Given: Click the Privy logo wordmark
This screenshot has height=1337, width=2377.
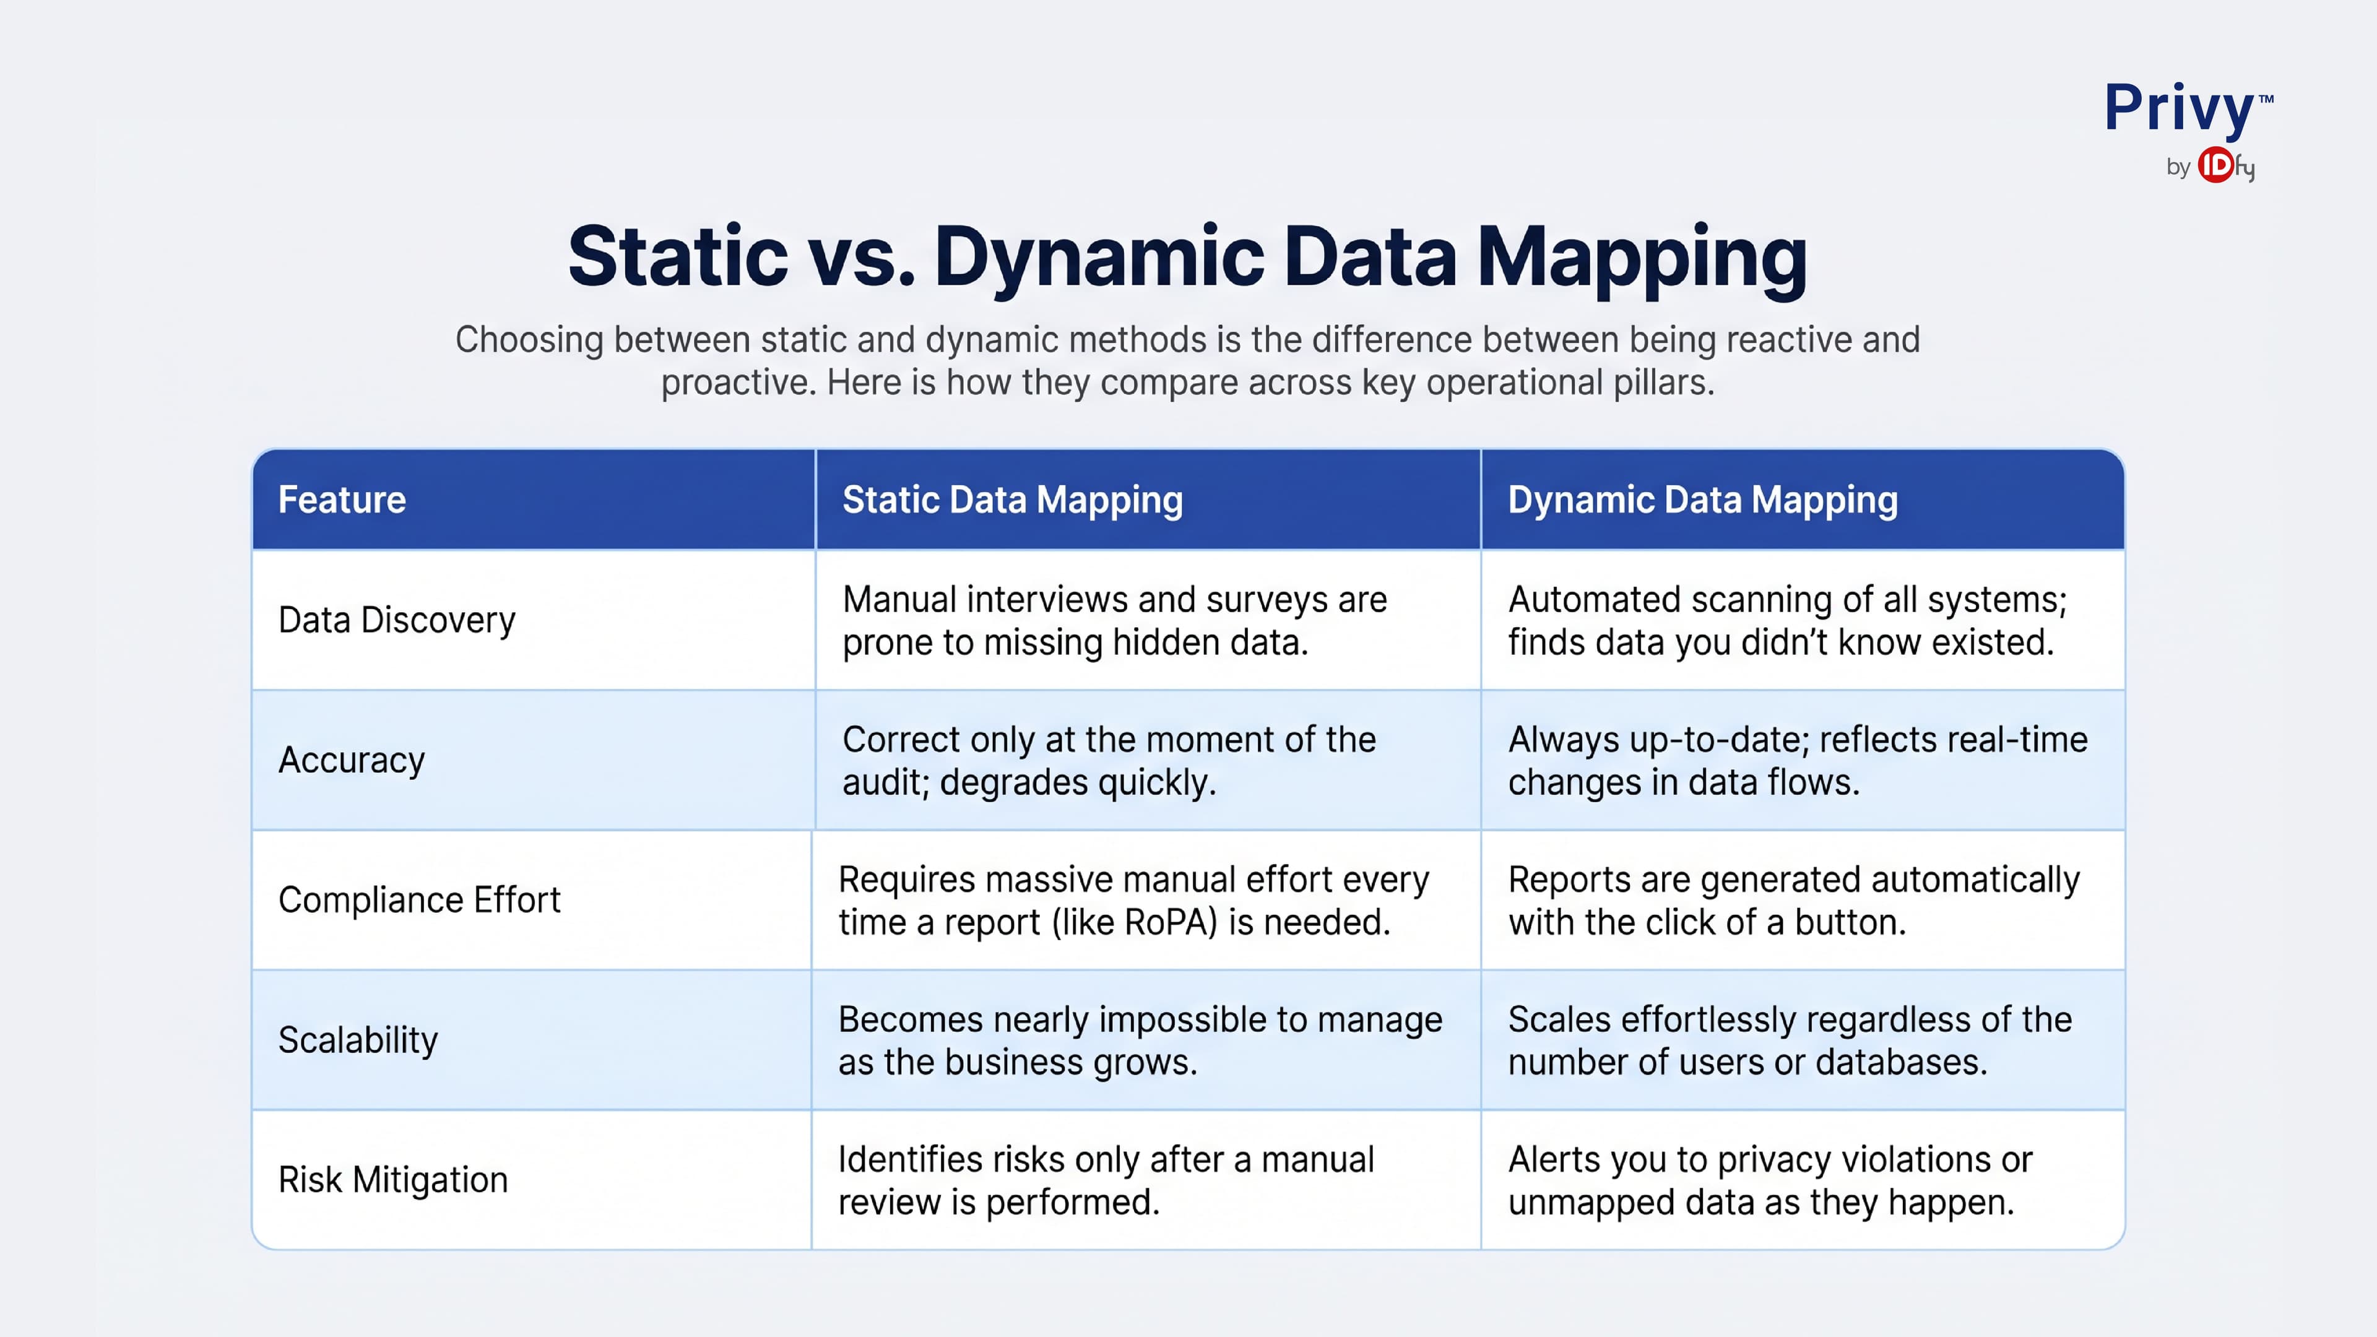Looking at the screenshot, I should click(2179, 109).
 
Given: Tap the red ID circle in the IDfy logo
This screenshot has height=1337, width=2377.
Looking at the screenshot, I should click(2215, 166).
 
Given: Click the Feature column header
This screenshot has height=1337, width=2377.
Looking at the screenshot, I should click(342, 500).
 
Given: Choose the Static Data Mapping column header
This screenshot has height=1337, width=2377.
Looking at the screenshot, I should click(1011, 500).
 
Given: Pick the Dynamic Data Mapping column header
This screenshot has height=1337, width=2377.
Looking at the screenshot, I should click(1702, 500).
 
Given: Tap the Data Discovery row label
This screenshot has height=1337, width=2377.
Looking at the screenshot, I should click(397, 620).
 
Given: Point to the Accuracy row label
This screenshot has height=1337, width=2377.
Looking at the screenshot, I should click(352, 760).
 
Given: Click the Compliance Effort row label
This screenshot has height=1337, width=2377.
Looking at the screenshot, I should click(419, 899).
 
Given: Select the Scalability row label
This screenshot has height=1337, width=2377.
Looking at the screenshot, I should click(358, 1040).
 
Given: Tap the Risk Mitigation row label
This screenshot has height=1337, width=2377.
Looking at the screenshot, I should click(393, 1180).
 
